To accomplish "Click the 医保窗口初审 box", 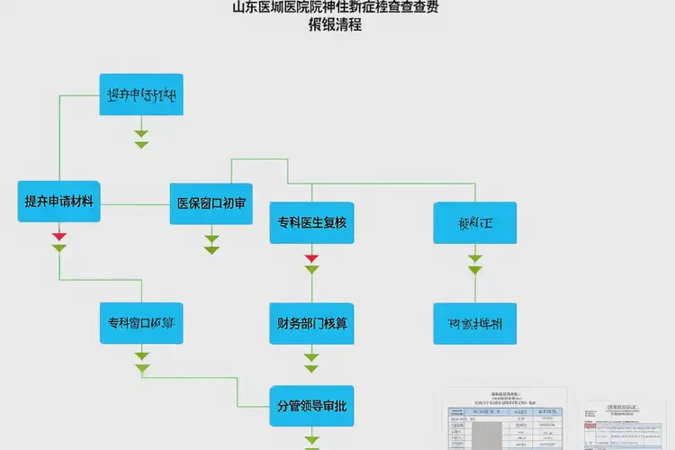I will [x=212, y=203].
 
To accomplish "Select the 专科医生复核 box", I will [x=311, y=223].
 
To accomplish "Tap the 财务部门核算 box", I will [x=311, y=324].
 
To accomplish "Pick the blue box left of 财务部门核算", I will [x=140, y=323].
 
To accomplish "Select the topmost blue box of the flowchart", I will [x=140, y=94].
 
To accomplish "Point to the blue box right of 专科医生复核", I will [x=474, y=223].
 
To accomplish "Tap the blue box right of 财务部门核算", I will [x=474, y=324].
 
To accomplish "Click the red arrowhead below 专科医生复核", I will [x=311, y=258].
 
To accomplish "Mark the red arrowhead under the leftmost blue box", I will [x=59, y=237].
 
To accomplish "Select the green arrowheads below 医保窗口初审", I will [x=211, y=244].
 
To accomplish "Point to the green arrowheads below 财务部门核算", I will [x=311, y=363].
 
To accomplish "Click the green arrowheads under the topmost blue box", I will [x=141, y=139].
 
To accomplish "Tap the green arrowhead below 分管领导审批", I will [x=311, y=441].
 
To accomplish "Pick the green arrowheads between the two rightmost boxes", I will [x=474, y=264].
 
